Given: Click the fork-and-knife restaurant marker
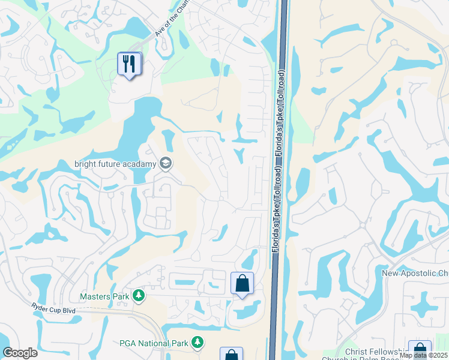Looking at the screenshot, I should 130,64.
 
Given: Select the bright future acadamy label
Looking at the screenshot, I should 115,163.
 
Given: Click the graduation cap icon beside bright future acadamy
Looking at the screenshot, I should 165,163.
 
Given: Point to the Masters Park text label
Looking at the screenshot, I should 104,296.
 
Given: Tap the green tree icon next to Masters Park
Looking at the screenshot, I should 139,296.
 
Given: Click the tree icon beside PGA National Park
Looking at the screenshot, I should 197,343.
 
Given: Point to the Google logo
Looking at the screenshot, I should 20,353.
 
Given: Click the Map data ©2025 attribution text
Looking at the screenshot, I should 424,356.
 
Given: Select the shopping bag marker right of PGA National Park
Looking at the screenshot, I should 231,355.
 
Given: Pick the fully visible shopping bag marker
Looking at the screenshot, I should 242,283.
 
